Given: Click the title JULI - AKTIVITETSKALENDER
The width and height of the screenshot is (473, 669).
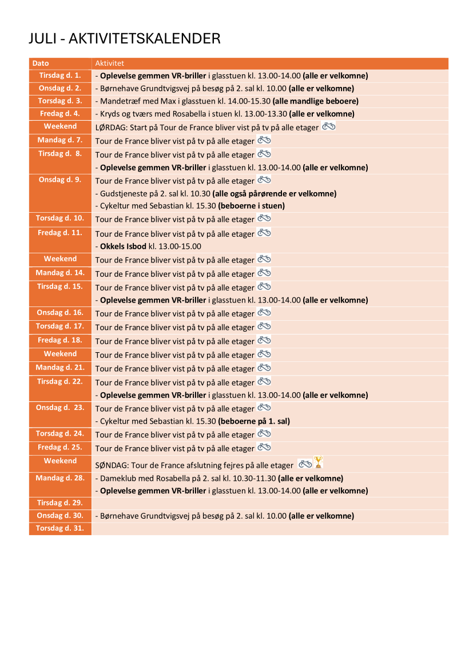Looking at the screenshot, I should tap(125, 38).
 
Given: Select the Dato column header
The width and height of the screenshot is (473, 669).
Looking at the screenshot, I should tap(41, 63).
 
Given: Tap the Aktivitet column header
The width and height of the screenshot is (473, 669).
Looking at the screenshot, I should tap(110, 63).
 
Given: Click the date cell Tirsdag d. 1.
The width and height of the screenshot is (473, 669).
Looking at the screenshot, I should tap(60, 75).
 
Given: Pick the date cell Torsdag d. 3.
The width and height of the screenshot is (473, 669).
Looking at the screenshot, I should tap(60, 101).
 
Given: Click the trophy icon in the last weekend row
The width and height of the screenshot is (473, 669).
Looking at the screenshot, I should tap(319, 462).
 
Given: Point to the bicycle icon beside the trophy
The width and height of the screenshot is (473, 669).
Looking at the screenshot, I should tap(305, 463).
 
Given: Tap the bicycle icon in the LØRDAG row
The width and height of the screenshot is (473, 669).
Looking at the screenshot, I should tap(329, 126).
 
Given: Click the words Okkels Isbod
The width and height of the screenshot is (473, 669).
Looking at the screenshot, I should tap(123, 246).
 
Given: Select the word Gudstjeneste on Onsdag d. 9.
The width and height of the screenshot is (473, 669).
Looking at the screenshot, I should tap(122, 193).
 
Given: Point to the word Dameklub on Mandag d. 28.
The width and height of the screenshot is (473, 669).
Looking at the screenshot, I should tap(117, 478).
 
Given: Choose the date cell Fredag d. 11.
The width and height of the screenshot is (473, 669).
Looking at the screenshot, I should tap(60, 233).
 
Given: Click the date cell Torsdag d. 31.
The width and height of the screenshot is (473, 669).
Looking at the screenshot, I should tap(60, 528).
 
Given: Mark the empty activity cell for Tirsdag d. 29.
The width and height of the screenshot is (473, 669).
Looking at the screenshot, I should tap(269, 503).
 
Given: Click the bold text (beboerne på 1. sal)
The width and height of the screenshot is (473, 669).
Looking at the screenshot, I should tap(254, 421).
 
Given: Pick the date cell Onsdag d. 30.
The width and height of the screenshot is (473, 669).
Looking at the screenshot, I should tap(60, 516).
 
